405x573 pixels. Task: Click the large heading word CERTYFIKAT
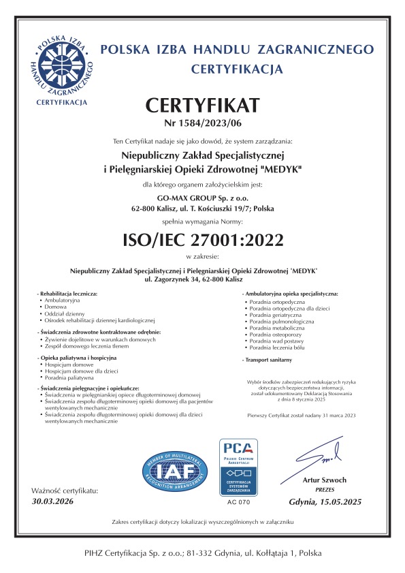point(202,106)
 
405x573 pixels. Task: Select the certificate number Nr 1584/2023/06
point(202,123)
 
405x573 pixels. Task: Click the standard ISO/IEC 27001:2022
point(202,239)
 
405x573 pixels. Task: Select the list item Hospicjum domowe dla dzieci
point(77,371)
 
